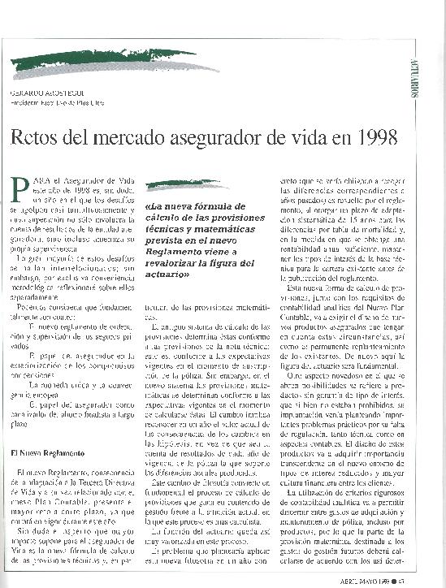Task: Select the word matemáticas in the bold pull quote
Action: (x=224, y=229)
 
